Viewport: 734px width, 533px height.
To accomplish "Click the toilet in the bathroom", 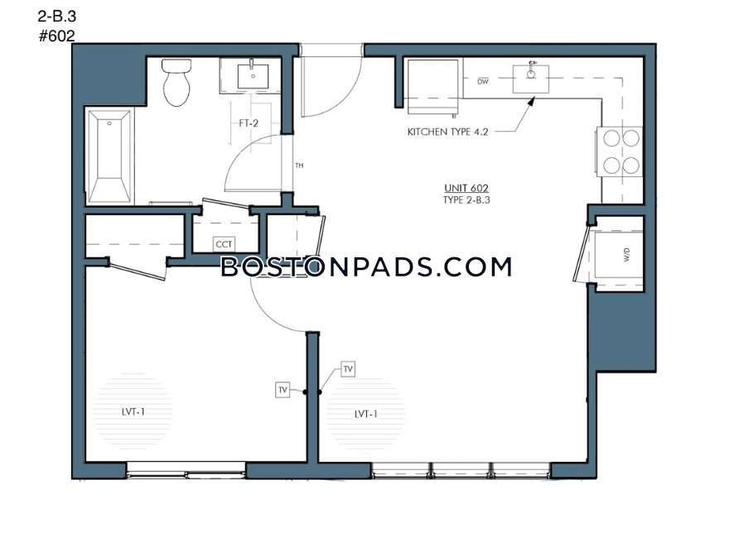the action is click(x=176, y=82).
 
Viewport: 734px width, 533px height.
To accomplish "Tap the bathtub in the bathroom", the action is click(x=109, y=156).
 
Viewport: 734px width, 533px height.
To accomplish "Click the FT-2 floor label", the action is click(x=249, y=123).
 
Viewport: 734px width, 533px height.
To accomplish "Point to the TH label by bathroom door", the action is click(x=299, y=166).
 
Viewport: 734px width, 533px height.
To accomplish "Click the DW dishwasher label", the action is click(x=483, y=82).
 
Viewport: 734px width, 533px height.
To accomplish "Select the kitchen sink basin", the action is click(x=531, y=79).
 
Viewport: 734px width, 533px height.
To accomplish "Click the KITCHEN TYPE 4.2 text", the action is click(x=447, y=132).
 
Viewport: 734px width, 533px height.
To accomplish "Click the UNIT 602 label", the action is click(x=466, y=188).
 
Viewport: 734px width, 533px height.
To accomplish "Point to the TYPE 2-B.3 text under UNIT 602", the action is click(x=466, y=200).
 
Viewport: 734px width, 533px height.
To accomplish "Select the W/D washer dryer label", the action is click(x=627, y=255).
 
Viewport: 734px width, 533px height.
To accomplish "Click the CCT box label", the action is click(x=224, y=244).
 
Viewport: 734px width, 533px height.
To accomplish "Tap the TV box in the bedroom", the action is click(x=282, y=390).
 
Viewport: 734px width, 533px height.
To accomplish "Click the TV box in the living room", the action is click(x=348, y=369).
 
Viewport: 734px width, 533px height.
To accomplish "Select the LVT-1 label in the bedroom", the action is click(x=133, y=412).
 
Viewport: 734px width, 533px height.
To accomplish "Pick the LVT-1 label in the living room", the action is click(x=365, y=414).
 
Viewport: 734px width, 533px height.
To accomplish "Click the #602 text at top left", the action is click(x=56, y=36).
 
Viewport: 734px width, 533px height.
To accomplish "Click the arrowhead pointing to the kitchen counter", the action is click(x=531, y=101).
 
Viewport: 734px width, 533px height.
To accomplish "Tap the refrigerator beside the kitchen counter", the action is click(x=432, y=86).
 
